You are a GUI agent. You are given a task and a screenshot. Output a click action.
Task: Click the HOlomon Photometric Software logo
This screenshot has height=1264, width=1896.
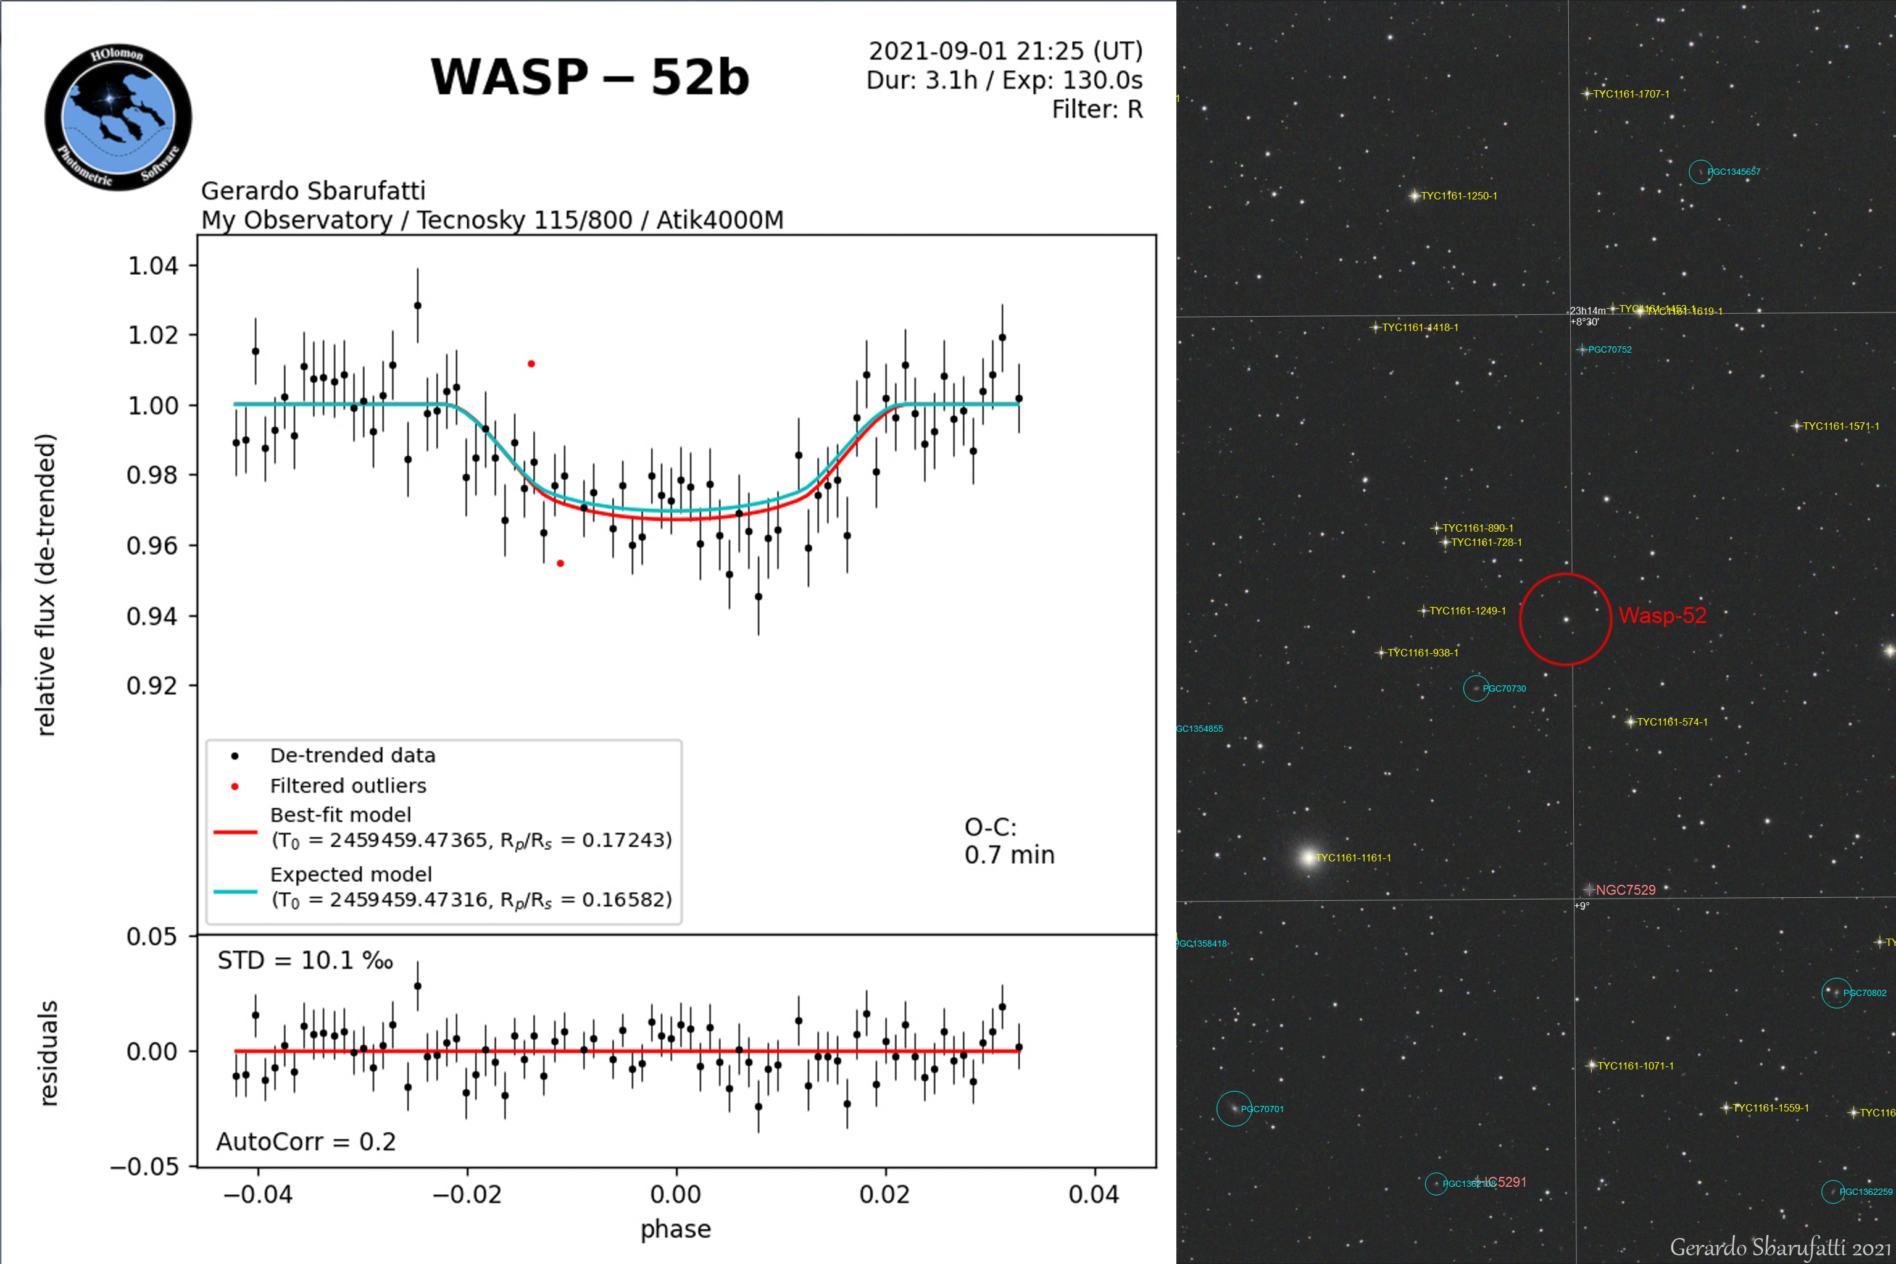tap(118, 117)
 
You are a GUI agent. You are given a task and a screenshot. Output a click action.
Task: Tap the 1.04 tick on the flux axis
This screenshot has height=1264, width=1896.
tap(153, 266)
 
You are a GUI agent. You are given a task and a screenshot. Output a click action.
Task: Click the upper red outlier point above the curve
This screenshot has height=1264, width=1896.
tap(531, 364)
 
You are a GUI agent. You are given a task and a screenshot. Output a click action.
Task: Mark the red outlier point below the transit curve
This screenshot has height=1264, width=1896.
tap(560, 564)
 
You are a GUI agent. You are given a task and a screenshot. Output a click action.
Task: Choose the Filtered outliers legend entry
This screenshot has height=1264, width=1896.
tap(347, 786)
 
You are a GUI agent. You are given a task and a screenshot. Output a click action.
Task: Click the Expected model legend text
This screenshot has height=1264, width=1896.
tap(351, 874)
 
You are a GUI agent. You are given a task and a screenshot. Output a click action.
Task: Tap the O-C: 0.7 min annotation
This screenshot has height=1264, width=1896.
tap(1009, 841)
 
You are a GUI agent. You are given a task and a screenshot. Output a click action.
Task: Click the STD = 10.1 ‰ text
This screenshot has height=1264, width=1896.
tap(306, 961)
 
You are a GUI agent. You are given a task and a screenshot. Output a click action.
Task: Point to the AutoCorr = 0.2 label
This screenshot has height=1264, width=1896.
tap(306, 1142)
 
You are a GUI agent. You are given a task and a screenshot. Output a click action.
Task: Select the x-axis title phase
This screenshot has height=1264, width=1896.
tap(675, 1229)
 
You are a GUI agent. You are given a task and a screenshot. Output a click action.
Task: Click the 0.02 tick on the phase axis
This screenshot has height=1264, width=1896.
tap(885, 1194)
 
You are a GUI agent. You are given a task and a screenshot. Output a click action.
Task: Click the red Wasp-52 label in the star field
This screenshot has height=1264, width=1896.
tap(1662, 616)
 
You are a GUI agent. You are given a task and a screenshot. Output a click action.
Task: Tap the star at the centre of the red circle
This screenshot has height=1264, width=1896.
tap(1566, 620)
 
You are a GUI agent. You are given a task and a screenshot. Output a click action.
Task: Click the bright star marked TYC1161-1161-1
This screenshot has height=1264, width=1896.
tap(1308, 858)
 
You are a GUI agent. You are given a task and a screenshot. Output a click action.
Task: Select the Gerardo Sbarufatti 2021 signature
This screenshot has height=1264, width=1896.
tap(1780, 1247)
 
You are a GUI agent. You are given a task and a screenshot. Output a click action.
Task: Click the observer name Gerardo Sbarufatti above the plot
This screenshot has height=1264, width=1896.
tap(313, 191)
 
